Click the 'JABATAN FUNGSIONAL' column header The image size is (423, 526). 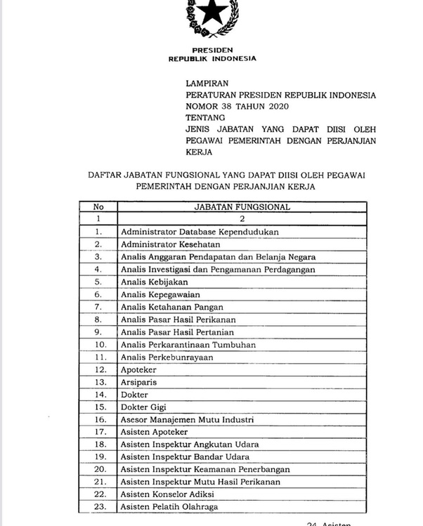[x=242, y=207]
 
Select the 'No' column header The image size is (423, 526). [x=99, y=207]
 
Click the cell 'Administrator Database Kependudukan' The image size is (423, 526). [x=200, y=231]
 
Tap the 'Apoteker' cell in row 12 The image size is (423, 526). [x=138, y=369]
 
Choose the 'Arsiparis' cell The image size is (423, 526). [x=139, y=382]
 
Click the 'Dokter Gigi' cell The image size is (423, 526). [x=143, y=407]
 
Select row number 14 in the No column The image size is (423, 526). [x=99, y=395]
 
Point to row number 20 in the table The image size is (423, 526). [x=99, y=469]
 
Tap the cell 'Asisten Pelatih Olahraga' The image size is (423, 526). [x=169, y=507]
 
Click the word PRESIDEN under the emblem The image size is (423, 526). [x=211, y=51]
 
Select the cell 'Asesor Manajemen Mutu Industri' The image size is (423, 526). [x=187, y=419]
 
